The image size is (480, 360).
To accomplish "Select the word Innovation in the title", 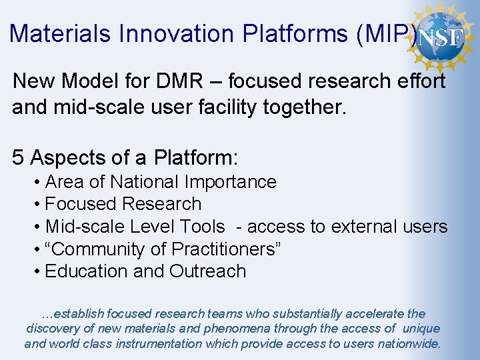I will pos(175,33).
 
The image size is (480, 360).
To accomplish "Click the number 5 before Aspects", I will pos(19,158).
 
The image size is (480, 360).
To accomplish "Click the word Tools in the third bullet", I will pos(202,227).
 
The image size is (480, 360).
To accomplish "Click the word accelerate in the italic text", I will pos(374,313).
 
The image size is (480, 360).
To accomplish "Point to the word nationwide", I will pos(407,344).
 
